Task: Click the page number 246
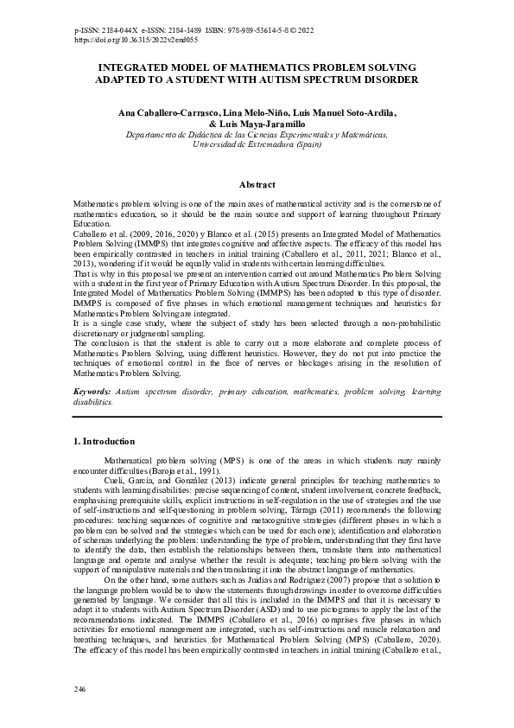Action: [81, 689]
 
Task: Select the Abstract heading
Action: [257, 184]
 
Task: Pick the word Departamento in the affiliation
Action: [154, 135]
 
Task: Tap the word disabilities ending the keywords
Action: [92, 401]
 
